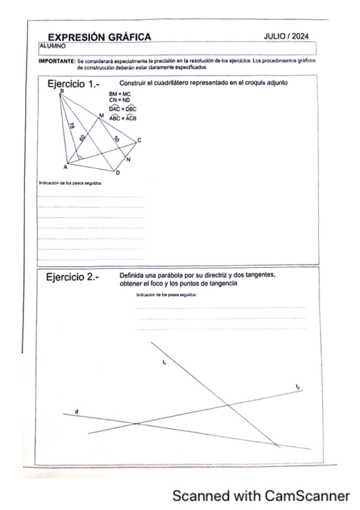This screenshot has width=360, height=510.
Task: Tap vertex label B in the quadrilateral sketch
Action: click(x=61, y=91)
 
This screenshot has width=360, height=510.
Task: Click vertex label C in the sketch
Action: click(x=139, y=140)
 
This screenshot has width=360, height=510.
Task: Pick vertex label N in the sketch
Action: click(x=129, y=159)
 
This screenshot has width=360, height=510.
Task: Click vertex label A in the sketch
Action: click(x=65, y=167)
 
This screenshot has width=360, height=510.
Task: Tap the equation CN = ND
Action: click(x=120, y=100)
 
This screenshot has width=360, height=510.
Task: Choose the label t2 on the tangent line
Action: click(x=297, y=386)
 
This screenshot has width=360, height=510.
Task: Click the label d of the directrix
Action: click(x=76, y=411)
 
